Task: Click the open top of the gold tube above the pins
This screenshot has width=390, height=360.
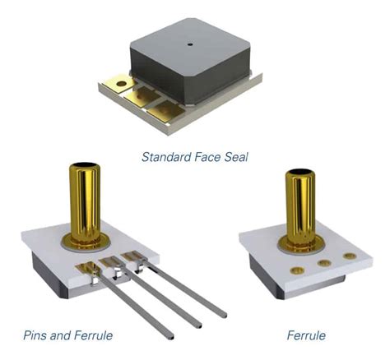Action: click(86, 168)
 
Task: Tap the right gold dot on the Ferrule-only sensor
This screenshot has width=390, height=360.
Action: click(349, 256)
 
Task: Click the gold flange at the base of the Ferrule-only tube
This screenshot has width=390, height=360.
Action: click(297, 243)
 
